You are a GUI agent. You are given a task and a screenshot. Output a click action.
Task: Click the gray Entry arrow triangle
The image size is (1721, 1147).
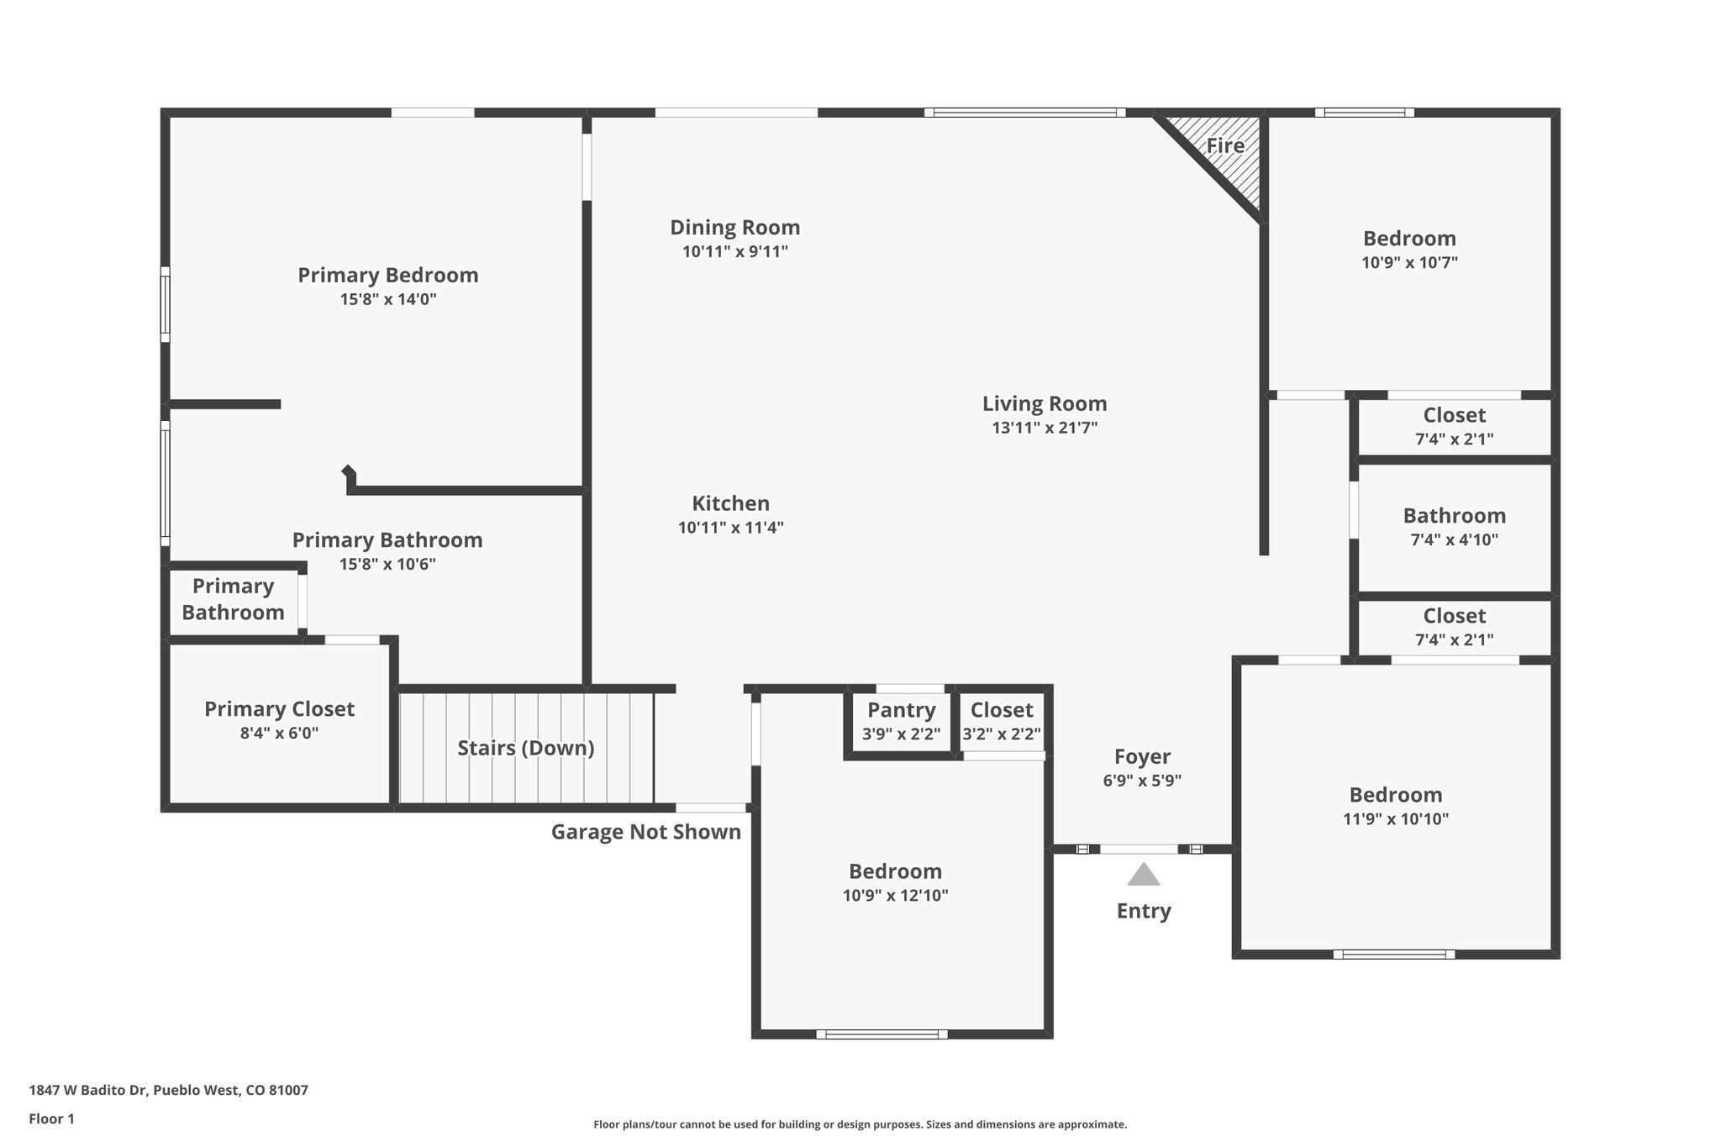[x=1143, y=876]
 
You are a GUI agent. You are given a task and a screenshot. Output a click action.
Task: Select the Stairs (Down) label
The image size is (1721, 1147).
[x=525, y=748]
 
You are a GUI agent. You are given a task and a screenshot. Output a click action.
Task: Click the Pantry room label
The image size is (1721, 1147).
[x=901, y=711]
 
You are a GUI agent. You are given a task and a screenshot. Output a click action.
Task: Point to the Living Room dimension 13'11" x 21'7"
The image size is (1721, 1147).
[x=1045, y=428]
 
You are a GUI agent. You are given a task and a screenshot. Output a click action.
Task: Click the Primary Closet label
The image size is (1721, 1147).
[x=279, y=709]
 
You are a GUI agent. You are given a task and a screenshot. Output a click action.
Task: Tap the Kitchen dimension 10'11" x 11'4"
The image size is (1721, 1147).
[x=730, y=528]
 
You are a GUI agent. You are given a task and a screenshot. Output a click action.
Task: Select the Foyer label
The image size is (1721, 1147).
[x=1142, y=756]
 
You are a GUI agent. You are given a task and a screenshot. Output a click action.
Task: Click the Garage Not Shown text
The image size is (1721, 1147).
[x=645, y=832]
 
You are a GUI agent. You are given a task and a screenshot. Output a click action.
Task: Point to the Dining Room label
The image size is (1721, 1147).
[x=734, y=228]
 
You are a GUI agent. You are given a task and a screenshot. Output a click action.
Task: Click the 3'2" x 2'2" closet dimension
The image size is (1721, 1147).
[x=1001, y=734]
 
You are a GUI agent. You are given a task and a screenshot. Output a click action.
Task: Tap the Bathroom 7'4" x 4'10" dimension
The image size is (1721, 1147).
[x=1454, y=539]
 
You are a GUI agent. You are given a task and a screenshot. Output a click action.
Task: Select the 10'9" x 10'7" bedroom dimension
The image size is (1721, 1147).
[x=1409, y=262]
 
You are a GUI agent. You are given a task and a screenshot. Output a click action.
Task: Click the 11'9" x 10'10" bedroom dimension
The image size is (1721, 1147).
[x=1396, y=819]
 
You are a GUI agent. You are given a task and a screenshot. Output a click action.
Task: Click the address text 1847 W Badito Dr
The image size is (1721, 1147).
[x=168, y=1091]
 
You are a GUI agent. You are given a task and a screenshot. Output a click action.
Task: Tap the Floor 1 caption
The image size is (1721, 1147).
[x=51, y=1118]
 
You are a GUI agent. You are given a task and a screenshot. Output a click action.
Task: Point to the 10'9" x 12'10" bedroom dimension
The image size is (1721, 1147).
[x=895, y=896]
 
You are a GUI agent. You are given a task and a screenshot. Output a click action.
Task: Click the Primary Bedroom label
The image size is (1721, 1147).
[x=387, y=276]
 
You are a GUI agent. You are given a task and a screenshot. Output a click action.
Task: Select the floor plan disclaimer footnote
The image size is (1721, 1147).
[x=860, y=1124]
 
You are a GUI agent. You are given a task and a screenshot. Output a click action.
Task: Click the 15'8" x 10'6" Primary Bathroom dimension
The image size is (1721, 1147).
[x=387, y=564]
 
